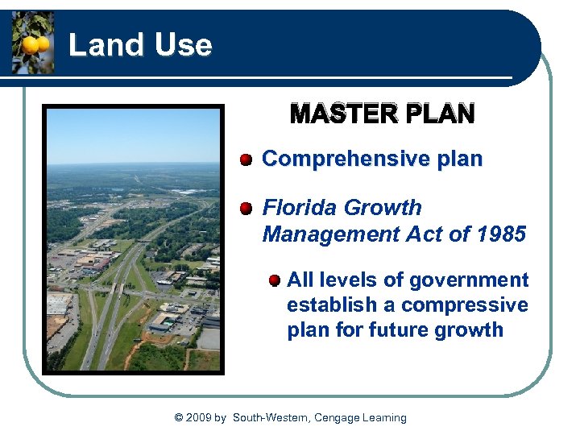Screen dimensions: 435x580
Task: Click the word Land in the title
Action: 97,45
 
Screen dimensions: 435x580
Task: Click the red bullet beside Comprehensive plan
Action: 246,159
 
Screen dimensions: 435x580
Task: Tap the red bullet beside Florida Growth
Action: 246,208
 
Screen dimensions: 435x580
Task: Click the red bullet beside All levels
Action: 274,280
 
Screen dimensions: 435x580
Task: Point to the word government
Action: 469,280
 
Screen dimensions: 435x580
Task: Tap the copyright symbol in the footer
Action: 178,418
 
